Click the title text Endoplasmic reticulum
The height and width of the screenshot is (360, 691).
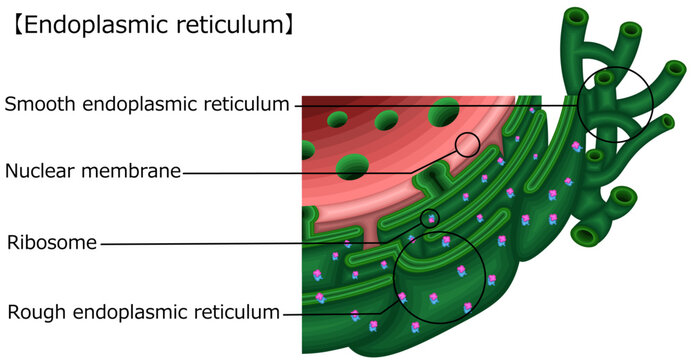coord(150,25)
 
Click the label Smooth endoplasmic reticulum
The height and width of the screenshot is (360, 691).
coord(147,104)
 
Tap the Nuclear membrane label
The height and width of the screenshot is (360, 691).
coord(93,171)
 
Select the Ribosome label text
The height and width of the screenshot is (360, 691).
coord(52,243)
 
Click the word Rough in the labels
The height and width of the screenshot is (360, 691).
coord(33,312)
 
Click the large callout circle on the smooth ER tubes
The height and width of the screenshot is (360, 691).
coord(614,104)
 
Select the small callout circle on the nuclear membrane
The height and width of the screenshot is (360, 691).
coord(467,144)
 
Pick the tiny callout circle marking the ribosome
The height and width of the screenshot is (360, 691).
coord(430,218)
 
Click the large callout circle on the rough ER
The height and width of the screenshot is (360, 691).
coord(439,277)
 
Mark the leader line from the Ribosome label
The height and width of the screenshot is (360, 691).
coord(250,243)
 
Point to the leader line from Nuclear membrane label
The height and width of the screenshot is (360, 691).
coord(300,172)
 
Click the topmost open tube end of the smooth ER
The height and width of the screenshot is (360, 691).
coord(577,16)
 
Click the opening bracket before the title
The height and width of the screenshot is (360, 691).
coord(14,25)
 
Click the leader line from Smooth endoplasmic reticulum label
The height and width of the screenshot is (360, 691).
coord(420,104)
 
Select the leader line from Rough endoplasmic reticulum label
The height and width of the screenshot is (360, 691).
coord(340,312)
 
